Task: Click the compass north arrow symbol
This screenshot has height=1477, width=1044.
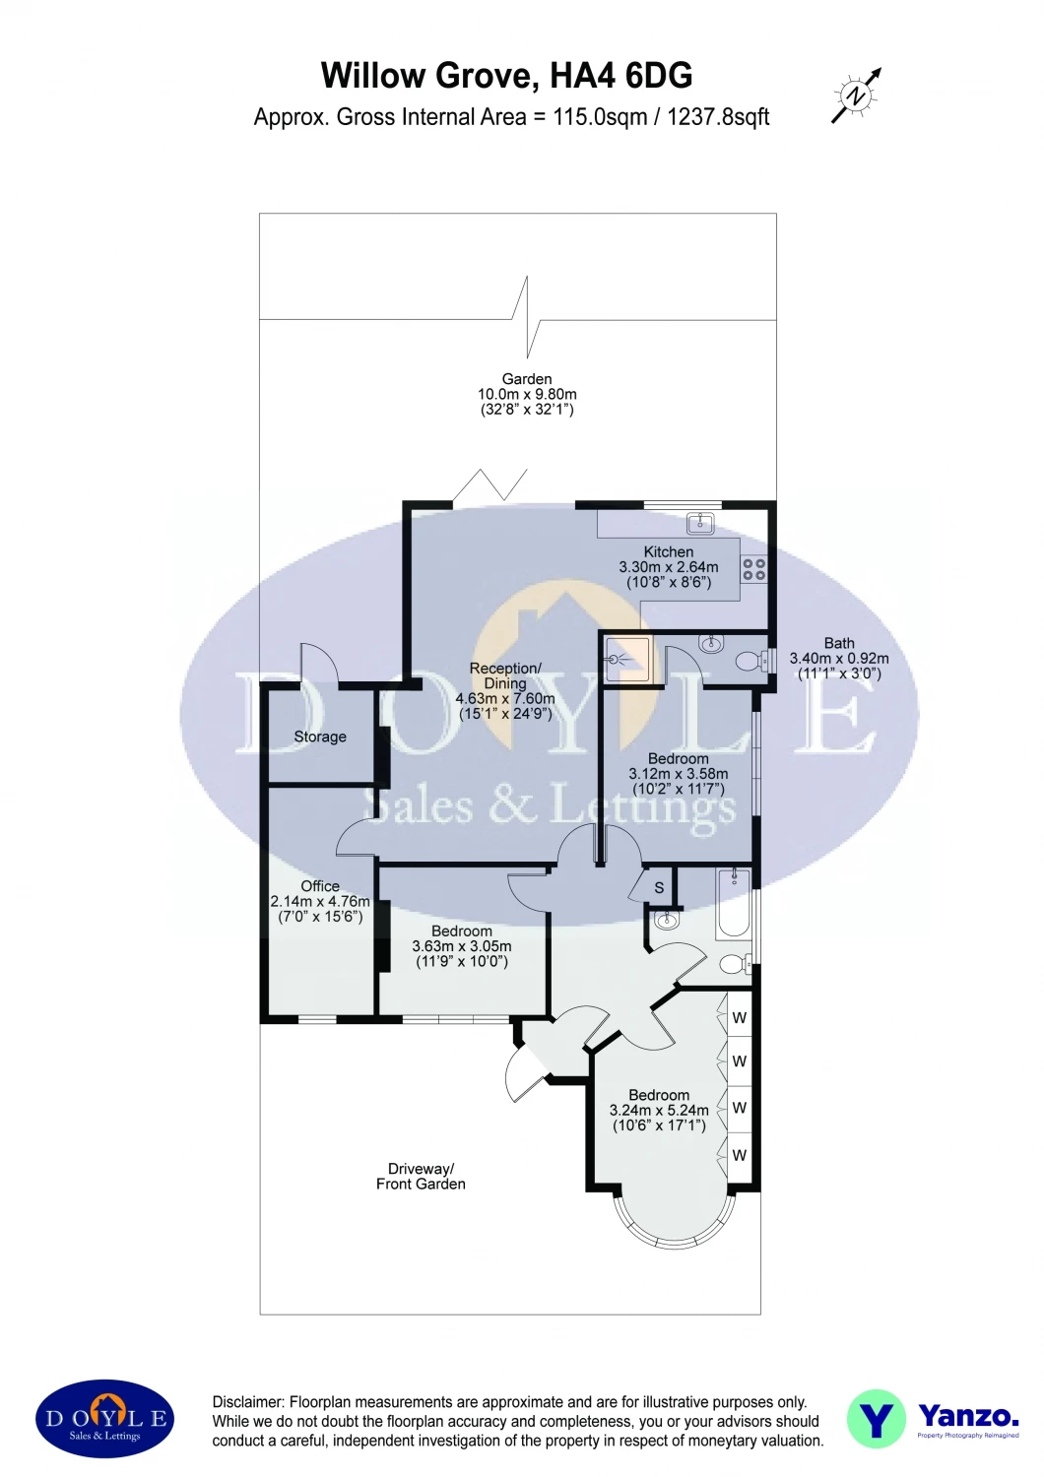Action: (x=856, y=96)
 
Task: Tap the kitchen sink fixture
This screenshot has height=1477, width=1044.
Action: (x=700, y=522)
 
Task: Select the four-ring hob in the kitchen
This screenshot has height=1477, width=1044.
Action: (x=753, y=569)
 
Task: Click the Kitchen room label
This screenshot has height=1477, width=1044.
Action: (x=668, y=552)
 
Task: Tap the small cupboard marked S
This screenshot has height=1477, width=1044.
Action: (x=659, y=888)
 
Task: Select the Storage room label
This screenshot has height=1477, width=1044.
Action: (x=320, y=737)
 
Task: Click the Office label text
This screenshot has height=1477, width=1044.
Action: (x=320, y=886)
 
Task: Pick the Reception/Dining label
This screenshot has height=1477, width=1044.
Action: (x=505, y=675)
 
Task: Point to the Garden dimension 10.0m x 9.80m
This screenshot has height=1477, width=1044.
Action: (x=527, y=394)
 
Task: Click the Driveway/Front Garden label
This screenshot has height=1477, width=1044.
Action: (x=421, y=1177)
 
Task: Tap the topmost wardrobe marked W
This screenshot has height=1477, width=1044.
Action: (x=739, y=1018)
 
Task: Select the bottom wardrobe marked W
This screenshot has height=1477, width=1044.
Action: (x=739, y=1155)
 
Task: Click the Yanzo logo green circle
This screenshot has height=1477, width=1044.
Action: (x=876, y=1419)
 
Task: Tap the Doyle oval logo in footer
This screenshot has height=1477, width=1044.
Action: (x=105, y=1419)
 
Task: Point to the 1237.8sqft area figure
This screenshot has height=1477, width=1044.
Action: (x=718, y=117)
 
